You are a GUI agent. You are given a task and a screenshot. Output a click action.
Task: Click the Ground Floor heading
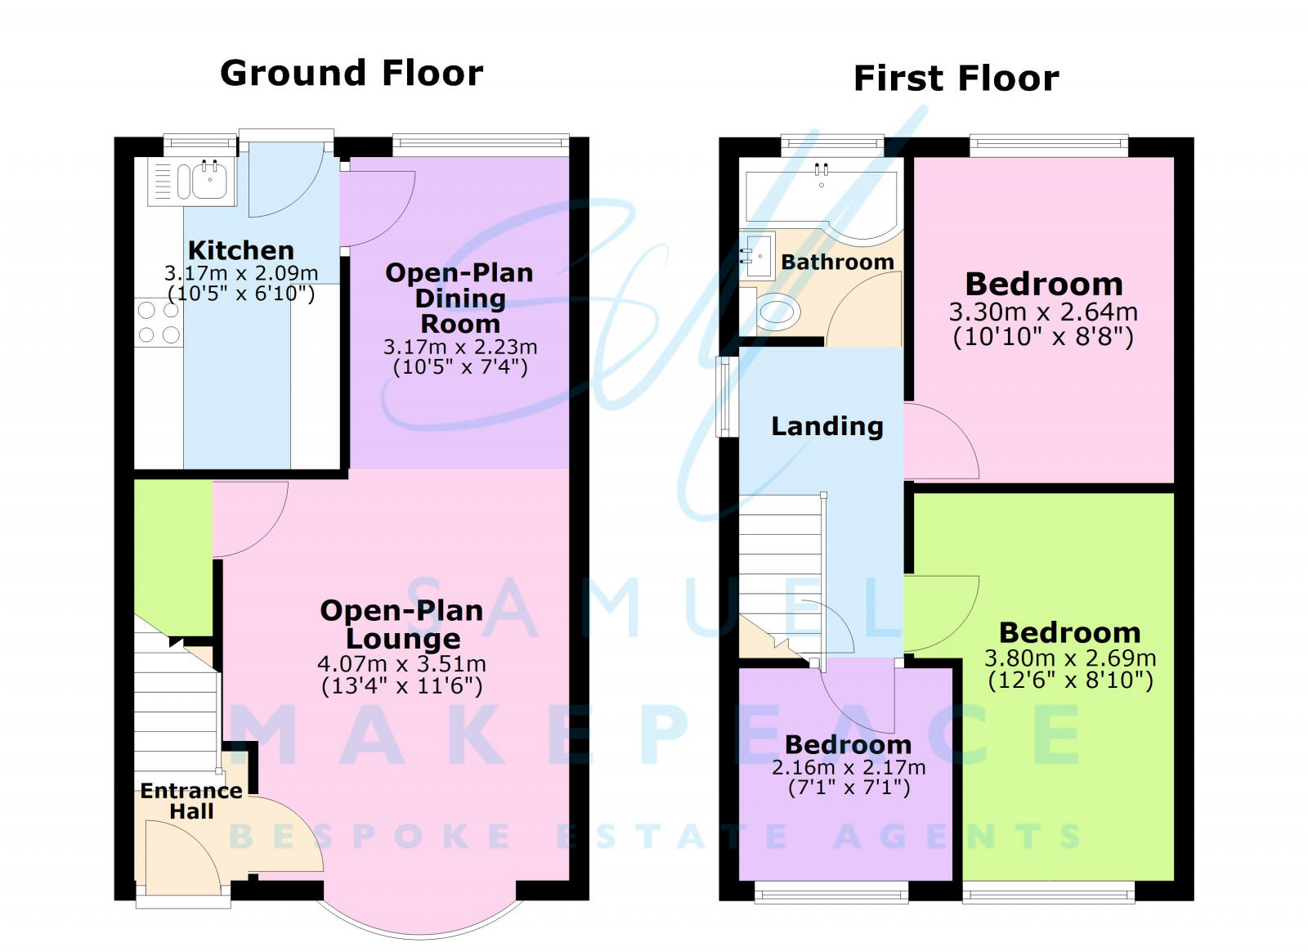pyautogui.click(x=352, y=74)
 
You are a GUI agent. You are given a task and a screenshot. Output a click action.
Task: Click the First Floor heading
pyautogui.click(x=956, y=79)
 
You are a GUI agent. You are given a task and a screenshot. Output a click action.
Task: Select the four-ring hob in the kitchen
pyautogui.click(x=159, y=322)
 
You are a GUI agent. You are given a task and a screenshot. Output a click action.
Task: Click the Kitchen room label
pyautogui.click(x=240, y=250)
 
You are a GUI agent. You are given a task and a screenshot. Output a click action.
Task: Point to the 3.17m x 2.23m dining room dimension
pyautogui.click(x=460, y=347)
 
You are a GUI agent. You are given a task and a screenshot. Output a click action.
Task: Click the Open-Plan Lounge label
pyautogui.click(x=401, y=623)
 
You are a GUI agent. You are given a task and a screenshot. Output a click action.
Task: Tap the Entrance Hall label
pyautogui.click(x=191, y=801)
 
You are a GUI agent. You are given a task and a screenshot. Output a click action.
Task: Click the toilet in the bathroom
pyautogui.click(x=774, y=312)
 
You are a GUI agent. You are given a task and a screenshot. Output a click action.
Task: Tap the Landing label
pyautogui.click(x=827, y=426)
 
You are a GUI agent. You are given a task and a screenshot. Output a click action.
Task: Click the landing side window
pyautogui.click(x=724, y=397)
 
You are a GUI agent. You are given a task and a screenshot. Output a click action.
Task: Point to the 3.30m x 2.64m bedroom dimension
pyautogui.click(x=1043, y=312)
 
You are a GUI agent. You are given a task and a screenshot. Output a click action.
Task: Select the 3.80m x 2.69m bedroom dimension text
pyautogui.click(x=1070, y=658)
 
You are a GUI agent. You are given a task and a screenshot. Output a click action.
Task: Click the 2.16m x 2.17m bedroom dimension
pyautogui.click(x=849, y=768)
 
